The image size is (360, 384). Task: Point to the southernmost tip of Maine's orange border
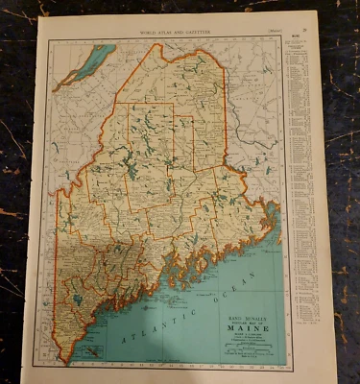(x=69, y=362)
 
